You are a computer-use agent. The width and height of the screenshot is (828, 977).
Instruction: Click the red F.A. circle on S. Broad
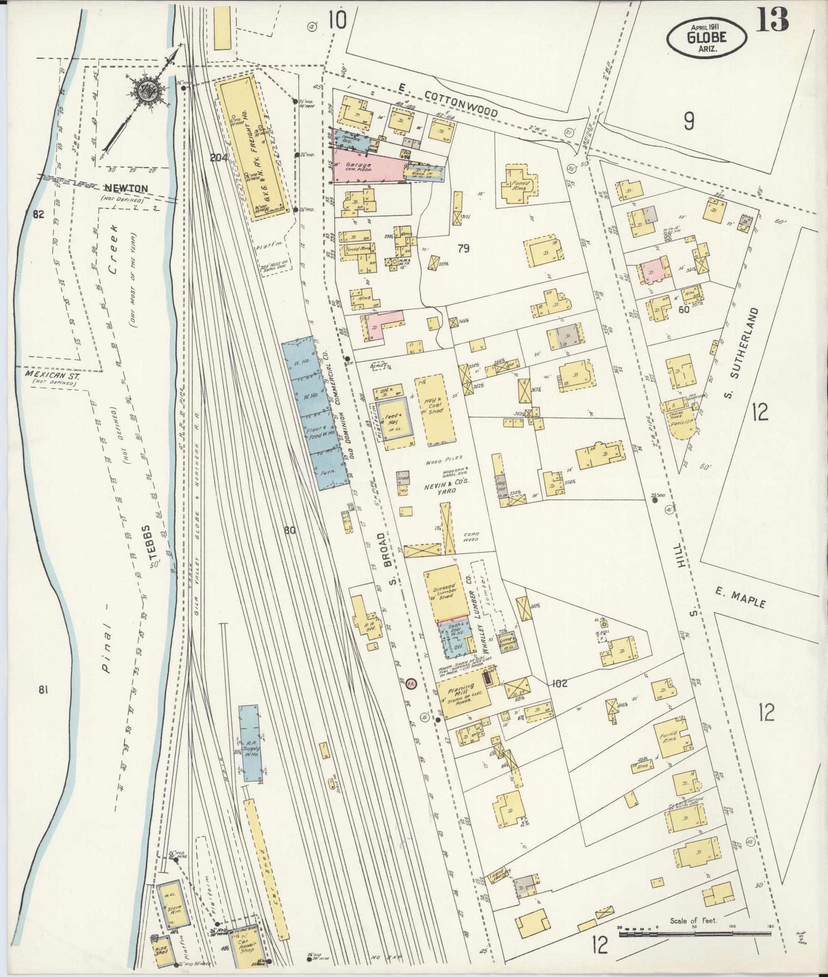[x=411, y=684]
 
